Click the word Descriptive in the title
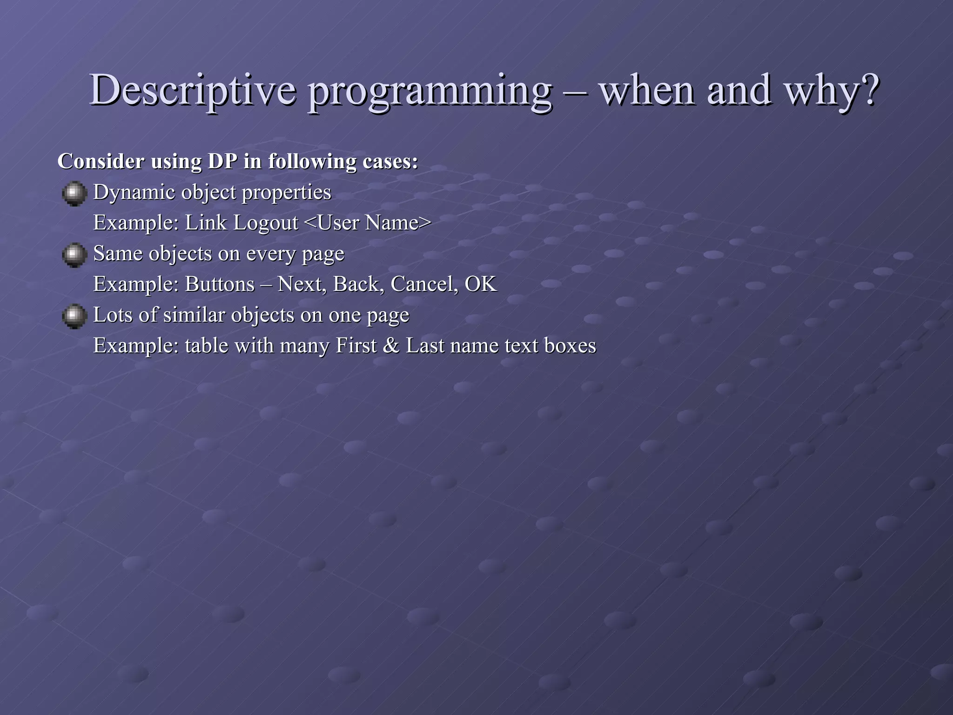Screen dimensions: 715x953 pos(192,90)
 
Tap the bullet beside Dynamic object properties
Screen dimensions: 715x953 pos(74,194)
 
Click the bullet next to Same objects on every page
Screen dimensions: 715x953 pos(74,255)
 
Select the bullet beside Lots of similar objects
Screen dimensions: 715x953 pos(74,317)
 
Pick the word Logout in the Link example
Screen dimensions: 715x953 pos(265,223)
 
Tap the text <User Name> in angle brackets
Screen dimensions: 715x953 pos(367,223)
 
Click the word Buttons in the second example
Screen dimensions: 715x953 pos(220,284)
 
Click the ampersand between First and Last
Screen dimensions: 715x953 pos(391,346)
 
